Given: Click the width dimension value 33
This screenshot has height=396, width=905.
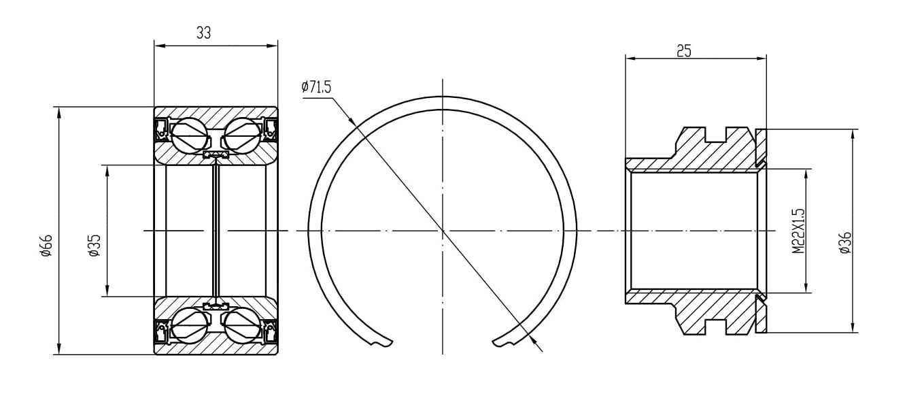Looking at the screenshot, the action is (x=203, y=33).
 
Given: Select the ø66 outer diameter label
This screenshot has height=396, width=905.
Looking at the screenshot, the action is (x=46, y=245).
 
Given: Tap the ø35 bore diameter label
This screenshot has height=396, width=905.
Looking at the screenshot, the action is (x=94, y=245).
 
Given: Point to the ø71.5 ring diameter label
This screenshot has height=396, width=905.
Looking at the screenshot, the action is (x=316, y=87).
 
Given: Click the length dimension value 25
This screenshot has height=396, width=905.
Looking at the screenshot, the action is (x=684, y=51).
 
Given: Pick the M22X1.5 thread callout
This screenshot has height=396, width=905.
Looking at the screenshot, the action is (x=798, y=231).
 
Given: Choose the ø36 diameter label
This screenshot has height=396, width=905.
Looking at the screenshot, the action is (x=845, y=242).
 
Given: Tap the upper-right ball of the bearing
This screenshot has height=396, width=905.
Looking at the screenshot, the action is (x=242, y=135).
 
